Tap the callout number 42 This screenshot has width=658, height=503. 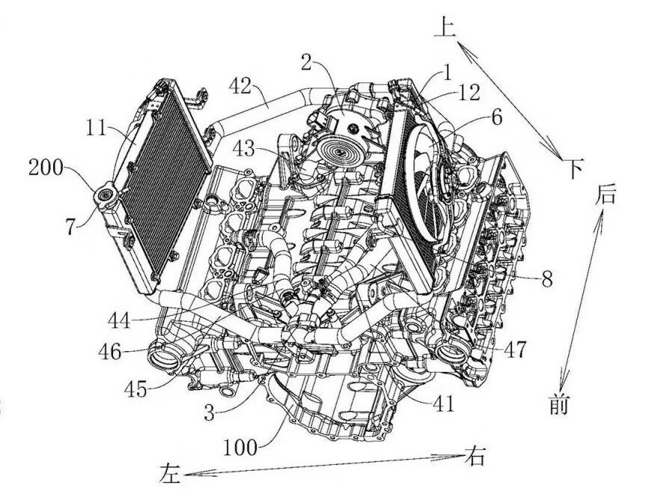tap(241, 88)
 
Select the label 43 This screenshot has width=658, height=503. tap(243, 148)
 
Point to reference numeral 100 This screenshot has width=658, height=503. tap(240, 448)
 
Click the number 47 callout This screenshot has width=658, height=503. tap(514, 349)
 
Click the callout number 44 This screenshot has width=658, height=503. tap(120, 321)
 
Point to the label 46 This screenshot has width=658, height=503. tap(109, 351)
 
